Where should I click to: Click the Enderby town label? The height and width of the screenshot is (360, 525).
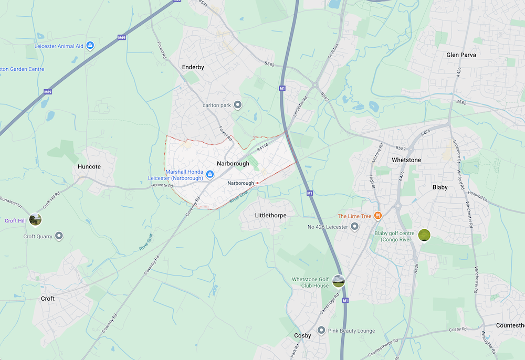193,67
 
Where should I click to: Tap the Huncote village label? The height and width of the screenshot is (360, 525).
89,166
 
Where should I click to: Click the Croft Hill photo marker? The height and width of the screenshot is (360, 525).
35,219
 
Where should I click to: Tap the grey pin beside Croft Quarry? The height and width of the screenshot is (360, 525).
59,236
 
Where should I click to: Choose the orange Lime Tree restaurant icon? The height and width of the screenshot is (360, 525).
377,216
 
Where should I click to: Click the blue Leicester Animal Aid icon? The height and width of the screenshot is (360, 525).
90,46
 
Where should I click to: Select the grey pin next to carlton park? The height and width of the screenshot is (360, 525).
237,105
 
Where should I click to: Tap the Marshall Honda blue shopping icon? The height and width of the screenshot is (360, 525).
209,174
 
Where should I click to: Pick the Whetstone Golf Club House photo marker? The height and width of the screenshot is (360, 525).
339,282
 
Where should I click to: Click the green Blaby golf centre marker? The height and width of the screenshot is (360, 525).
424,235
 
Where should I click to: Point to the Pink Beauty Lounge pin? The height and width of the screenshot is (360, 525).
321,331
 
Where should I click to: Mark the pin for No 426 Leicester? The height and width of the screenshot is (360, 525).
354,227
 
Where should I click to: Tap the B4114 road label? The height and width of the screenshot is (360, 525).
263,150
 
